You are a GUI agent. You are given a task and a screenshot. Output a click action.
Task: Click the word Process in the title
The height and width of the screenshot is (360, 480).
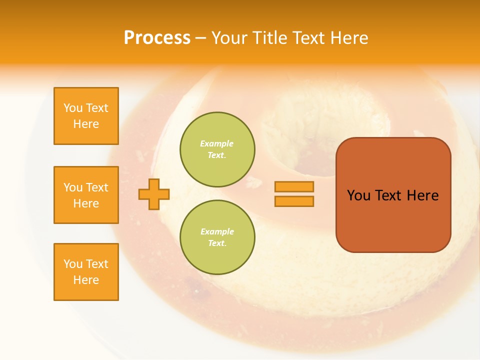[157, 37]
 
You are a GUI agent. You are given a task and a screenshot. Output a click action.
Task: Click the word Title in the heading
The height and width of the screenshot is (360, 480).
[269, 38]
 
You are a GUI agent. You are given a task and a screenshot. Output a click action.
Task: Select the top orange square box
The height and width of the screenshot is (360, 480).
[86, 116]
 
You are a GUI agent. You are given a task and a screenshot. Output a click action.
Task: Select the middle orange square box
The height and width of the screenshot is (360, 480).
[86, 195]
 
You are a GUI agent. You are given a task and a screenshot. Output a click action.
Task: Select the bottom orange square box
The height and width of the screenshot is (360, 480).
[86, 272]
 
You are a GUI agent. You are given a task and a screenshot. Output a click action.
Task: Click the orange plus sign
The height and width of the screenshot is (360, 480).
[154, 194]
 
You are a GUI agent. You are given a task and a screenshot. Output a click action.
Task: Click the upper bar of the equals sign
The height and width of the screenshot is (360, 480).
[294, 186]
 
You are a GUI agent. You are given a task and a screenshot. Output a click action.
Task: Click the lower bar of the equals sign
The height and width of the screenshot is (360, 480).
[294, 201]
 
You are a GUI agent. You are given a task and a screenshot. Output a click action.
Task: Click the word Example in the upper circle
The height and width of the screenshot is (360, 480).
[217, 143]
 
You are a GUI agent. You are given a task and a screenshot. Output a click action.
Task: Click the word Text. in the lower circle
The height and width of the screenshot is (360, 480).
[217, 243]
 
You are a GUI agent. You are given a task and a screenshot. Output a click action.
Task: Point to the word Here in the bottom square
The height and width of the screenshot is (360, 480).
[86, 280]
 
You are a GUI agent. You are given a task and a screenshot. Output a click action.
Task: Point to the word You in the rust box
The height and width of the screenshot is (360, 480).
[358, 195]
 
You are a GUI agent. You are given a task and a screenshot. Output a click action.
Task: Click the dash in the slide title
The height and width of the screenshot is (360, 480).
[201, 38]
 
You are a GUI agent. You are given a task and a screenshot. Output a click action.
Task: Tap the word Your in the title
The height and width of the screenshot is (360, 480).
[230, 38]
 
